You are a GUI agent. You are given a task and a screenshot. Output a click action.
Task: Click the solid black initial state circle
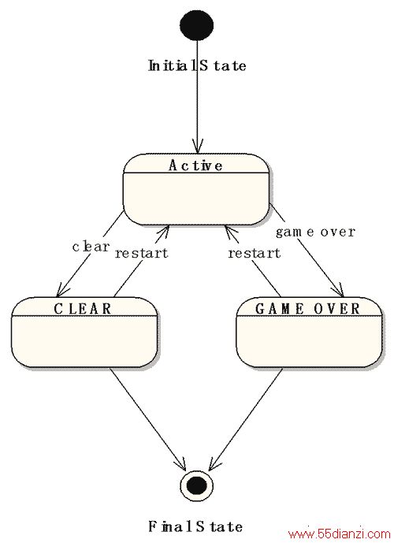(x=197, y=25)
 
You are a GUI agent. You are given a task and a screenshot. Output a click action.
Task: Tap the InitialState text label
(x=197, y=65)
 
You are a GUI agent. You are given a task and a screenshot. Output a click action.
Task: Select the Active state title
(x=195, y=166)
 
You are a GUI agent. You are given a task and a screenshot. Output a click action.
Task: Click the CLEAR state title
(x=83, y=309)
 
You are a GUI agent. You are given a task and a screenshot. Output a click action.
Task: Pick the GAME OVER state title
(x=308, y=309)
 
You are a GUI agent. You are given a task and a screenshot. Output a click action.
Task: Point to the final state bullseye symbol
(x=197, y=485)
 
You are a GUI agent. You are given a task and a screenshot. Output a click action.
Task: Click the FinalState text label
(x=195, y=526)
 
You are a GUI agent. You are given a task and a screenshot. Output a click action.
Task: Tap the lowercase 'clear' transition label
(x=91, y=247)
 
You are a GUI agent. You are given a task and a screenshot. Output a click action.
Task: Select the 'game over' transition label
(x=315, y=232)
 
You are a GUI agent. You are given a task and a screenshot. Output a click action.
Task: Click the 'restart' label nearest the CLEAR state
(x=141, y=253)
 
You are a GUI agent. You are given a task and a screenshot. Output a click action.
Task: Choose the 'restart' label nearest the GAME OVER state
(x=254, y=253)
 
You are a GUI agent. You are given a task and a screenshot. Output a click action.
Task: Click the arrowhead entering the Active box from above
(x=197, y=147)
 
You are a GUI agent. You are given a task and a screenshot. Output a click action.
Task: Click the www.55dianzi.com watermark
(x=339, y=534)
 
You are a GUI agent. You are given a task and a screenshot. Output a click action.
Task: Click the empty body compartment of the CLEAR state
(x=84, y=341)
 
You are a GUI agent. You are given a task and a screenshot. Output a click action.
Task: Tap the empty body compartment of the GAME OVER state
(x=309, y=341)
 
